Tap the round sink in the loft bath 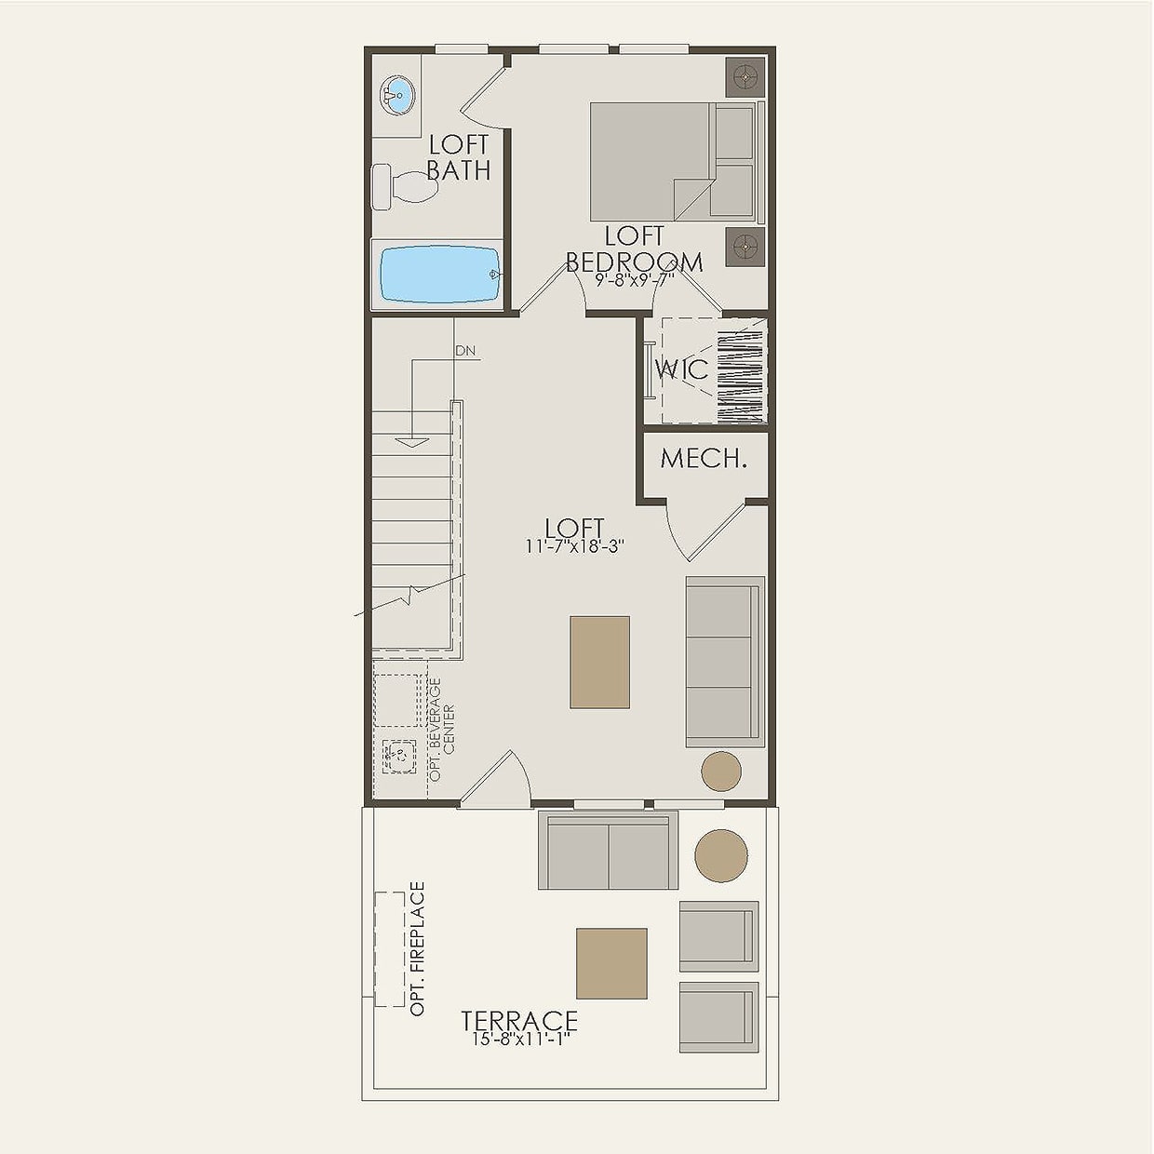(x=397, y=95)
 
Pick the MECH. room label (x=704, y=458)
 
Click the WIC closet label (x=682, y=369)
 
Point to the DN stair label (x=465, y=351)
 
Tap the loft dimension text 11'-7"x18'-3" (x=574, y=547)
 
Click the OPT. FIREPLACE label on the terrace (x=417, y=948)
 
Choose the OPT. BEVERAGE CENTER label (x=441, y=729)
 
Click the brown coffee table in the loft (x=599, y=662)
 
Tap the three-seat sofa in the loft (x=724, y=662)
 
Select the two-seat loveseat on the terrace (x=608, y=851)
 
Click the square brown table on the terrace (x=611, y=963)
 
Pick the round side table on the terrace (x=720, y=855)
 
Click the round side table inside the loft (x=720, y=771)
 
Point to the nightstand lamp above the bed (x=745, y=77)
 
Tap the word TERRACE (x=519, y=1021)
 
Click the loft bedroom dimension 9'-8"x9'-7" (x=634, y=277)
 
